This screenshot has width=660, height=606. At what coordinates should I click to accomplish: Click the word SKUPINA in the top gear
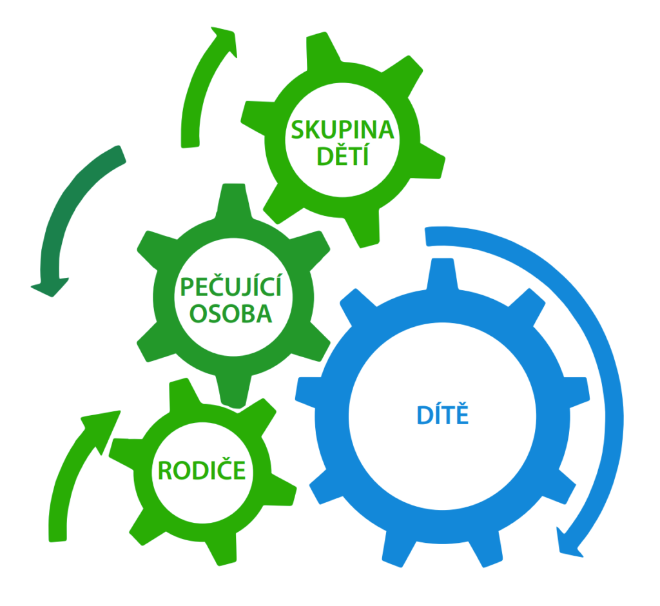click(x=342, y=130)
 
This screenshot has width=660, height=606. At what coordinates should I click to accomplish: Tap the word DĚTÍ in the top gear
click(x=342, y=156)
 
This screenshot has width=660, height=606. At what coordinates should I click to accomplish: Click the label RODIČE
click(x=202, y=471)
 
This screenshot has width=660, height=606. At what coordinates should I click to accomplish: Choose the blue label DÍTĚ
click(x=442, y=416)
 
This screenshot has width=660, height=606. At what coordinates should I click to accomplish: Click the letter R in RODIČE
click(x=164, y=471)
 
